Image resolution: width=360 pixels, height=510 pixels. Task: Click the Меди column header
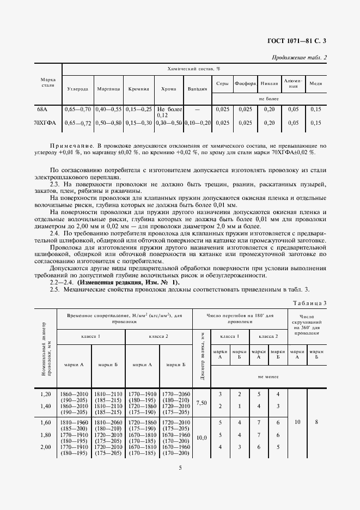pos(315,83)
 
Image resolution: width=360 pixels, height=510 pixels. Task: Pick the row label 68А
pos(42,109)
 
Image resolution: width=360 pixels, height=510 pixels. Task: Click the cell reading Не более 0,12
pos(169,112)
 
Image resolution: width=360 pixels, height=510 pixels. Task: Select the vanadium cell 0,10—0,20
pos(197,123)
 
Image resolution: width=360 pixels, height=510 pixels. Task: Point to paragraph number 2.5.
pos(54,289)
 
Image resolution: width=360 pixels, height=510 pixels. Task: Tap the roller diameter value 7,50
pos(202,402)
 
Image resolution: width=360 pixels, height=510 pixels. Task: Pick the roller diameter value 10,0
pos(202,437)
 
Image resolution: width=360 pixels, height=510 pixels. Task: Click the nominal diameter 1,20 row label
pos(46,393)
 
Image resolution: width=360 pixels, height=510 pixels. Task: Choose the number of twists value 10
pos(297,421)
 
